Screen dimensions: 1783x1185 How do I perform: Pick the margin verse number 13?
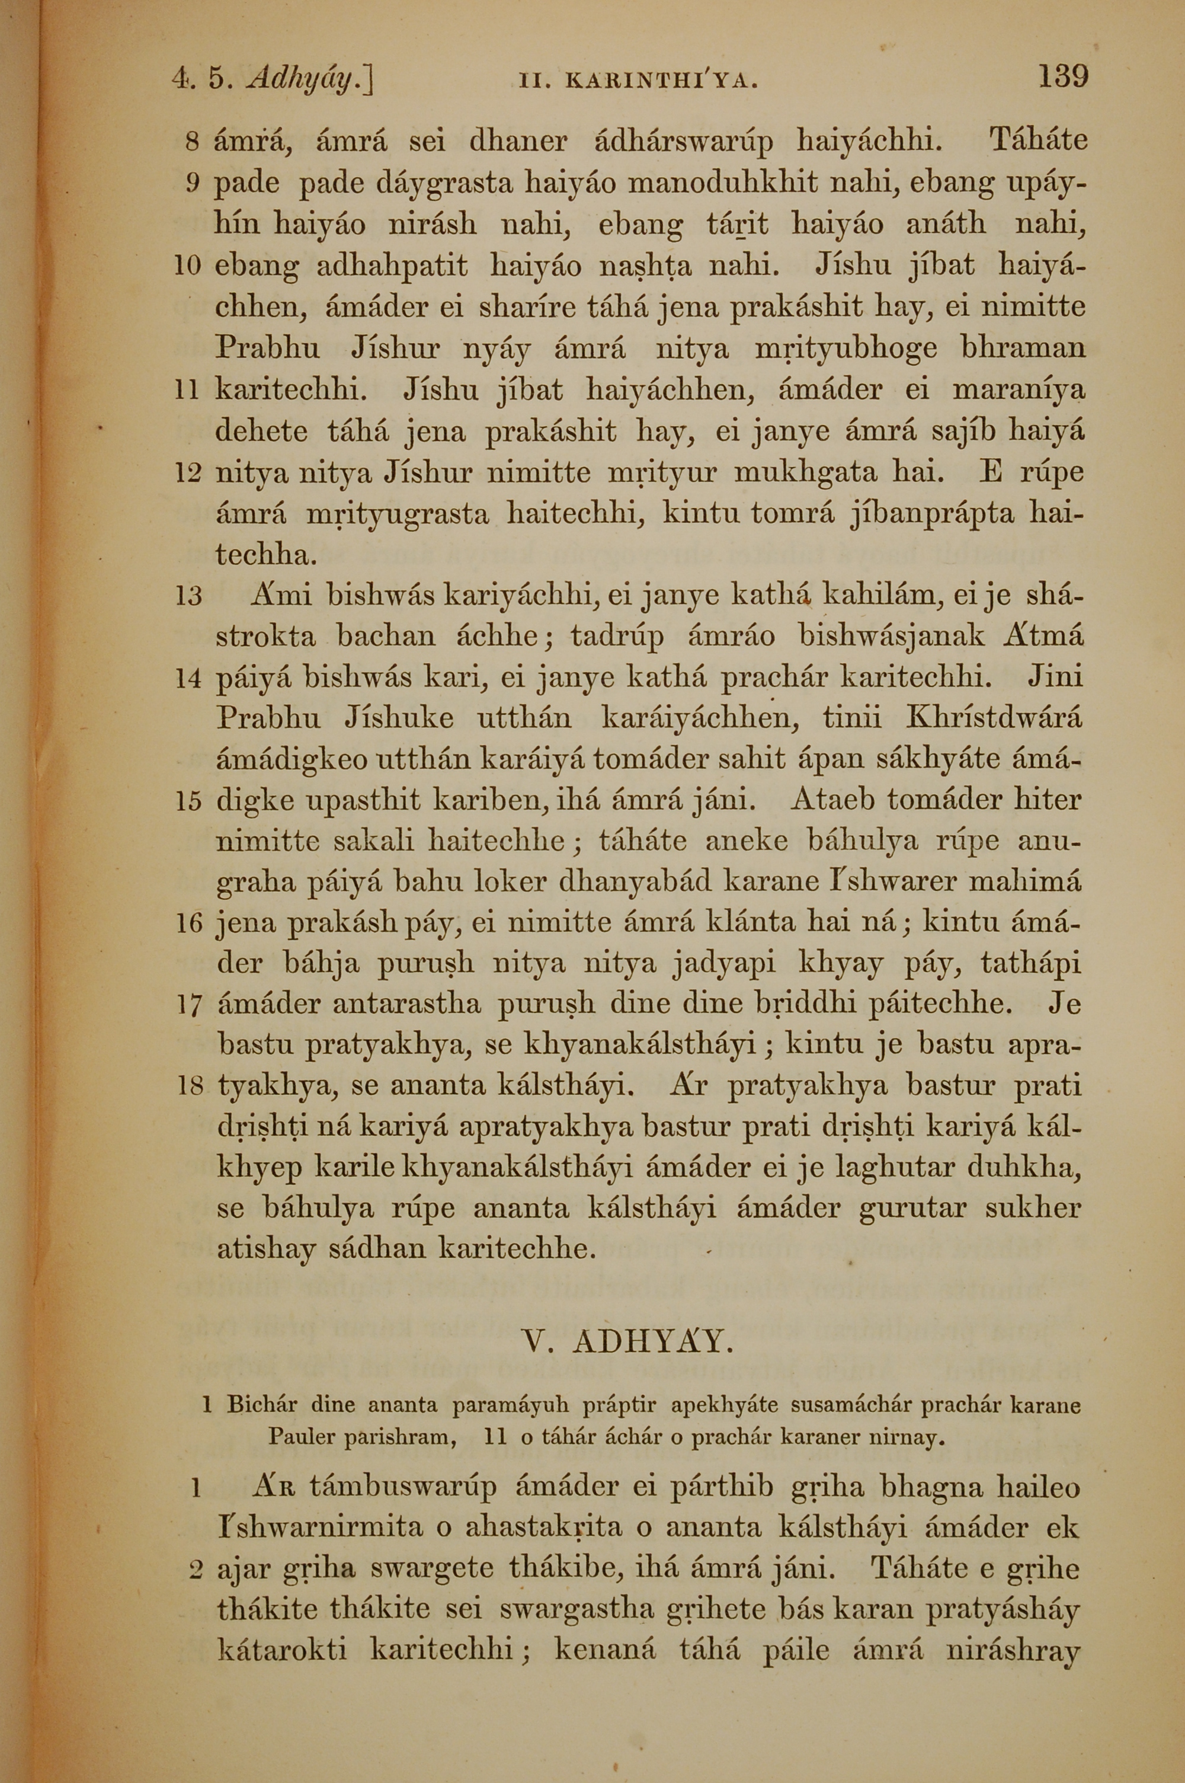tap(188, 596)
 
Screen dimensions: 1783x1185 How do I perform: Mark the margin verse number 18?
tap(189, 1087)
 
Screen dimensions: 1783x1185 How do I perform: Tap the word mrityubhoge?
tap(847, 349)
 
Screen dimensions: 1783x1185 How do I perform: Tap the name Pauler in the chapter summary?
tap(302, 1437)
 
